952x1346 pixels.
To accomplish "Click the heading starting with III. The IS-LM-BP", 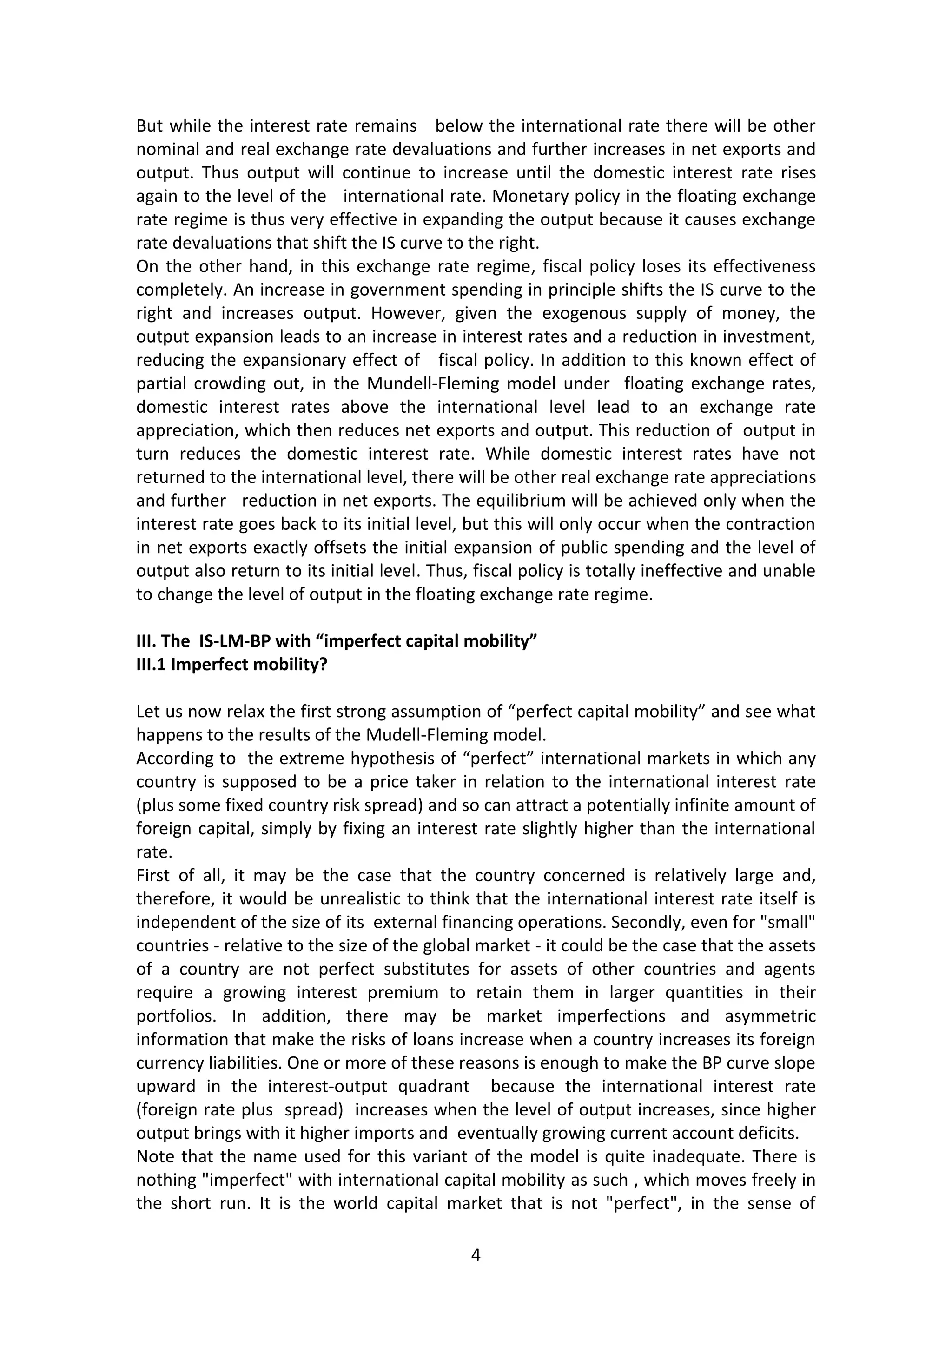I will [x=337, y=641].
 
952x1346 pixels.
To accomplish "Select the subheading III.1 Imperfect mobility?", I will [x=231, y=665].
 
